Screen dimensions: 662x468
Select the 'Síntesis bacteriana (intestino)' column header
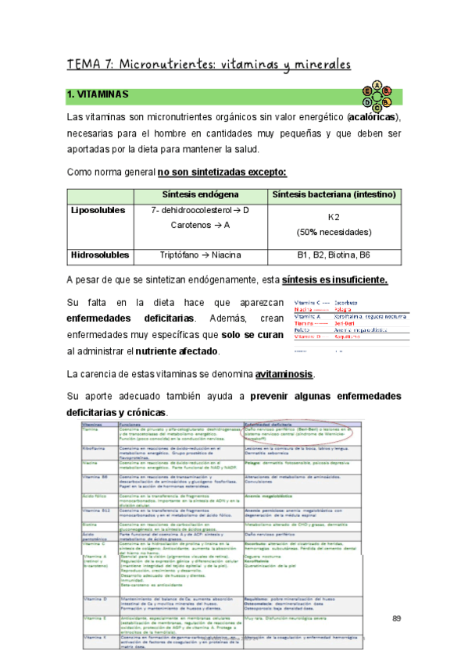tap(335, 194)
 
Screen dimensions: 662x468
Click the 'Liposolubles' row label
tap(98, 211)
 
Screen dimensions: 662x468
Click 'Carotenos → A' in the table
tap(200, 226)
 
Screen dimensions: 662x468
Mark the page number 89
tap(395, 618)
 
